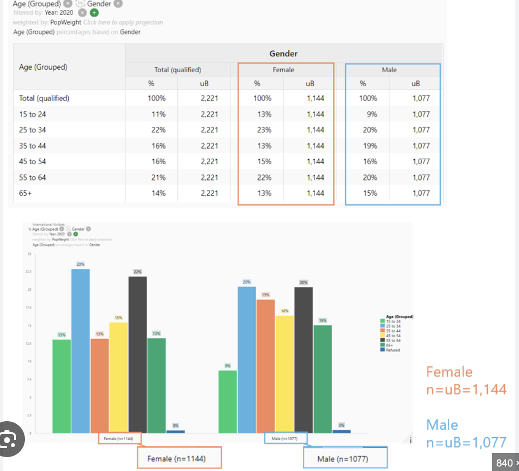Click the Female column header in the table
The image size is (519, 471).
click(283, 70)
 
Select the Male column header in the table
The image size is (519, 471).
click(389, 70)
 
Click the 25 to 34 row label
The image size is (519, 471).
click(32, 130)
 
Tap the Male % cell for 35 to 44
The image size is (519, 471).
click(370, 146)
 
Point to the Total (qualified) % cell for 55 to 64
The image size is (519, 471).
click(158, 177)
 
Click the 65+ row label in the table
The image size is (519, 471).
click(25, 193)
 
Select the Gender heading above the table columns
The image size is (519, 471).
click(283, 54)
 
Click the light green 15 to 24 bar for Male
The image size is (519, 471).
click(228, 401)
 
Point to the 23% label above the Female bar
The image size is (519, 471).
click(81, 264)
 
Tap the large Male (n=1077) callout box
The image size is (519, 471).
click(343, 458)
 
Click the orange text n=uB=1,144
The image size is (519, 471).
click(466, 389)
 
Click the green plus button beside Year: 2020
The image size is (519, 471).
click(94, 13)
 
